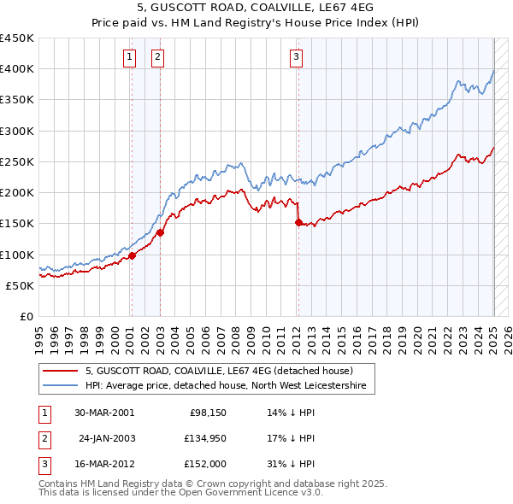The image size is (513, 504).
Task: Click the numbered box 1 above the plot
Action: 129,57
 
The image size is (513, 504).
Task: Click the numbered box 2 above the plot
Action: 158,57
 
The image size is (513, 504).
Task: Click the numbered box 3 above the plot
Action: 296,57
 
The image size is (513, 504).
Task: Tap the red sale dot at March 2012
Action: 298,222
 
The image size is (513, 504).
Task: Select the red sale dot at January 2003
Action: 160,232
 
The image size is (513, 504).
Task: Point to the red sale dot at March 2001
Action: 133,255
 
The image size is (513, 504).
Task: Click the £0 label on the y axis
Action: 26,316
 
